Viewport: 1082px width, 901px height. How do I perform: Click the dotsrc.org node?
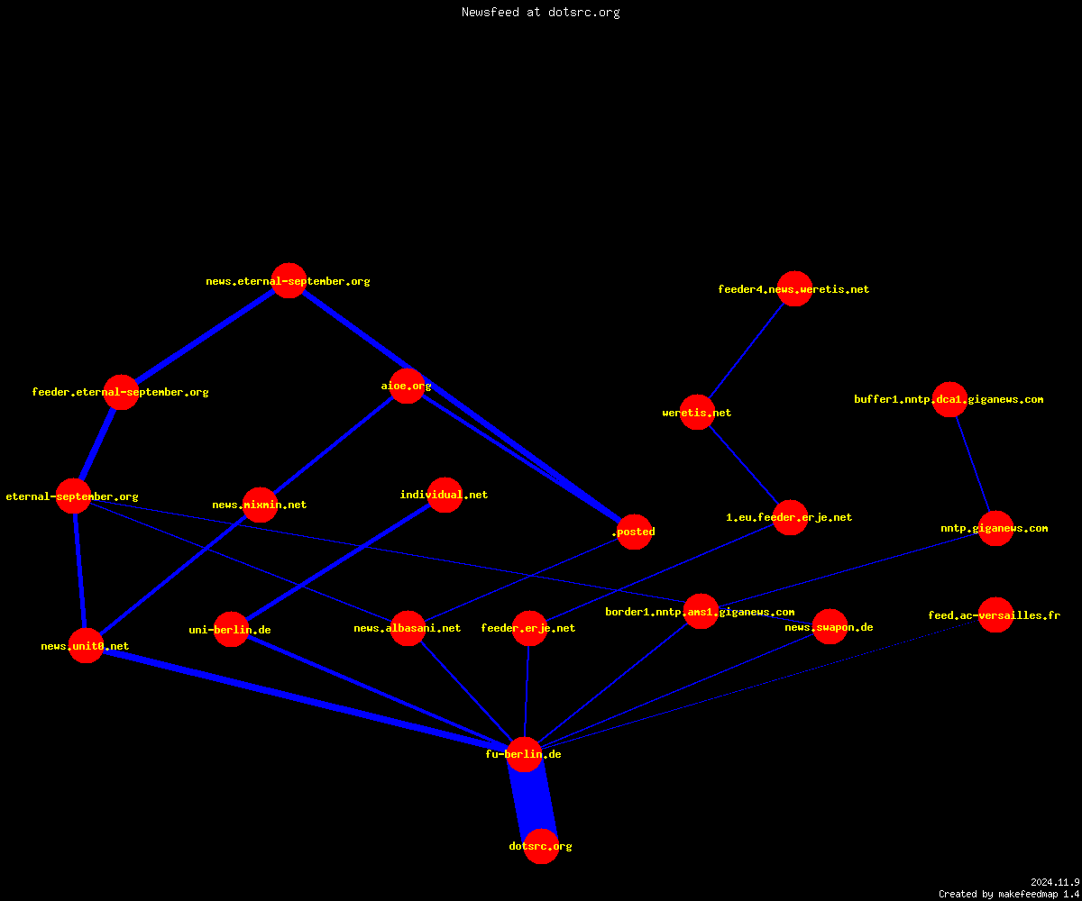541,846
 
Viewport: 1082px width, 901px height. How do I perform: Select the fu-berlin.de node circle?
525,754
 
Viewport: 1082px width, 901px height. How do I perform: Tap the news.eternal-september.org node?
289,280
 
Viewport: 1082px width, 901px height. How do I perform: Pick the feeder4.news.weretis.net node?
794,288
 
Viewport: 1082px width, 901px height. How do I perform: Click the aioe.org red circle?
407,386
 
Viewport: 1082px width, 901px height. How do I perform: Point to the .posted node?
634,532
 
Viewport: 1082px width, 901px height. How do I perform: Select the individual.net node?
445,495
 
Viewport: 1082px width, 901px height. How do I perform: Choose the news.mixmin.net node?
260,505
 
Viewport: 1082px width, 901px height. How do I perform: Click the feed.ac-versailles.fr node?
995,614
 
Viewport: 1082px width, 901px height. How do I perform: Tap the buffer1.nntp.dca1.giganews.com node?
949,399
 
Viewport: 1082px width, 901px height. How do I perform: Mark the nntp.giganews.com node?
995,528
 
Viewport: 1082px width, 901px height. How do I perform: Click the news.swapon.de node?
830,626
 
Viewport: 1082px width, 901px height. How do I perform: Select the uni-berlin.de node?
231,629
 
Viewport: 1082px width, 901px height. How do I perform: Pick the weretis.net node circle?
697,412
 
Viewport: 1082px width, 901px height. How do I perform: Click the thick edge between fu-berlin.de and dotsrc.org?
533,801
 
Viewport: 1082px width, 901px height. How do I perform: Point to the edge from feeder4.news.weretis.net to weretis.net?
746,350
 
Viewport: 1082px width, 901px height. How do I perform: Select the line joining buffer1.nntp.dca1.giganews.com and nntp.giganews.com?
973,464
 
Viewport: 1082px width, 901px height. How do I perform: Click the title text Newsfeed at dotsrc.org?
540,12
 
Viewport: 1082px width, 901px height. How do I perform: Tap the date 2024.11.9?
1055,882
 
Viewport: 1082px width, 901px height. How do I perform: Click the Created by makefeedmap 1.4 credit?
1009,894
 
